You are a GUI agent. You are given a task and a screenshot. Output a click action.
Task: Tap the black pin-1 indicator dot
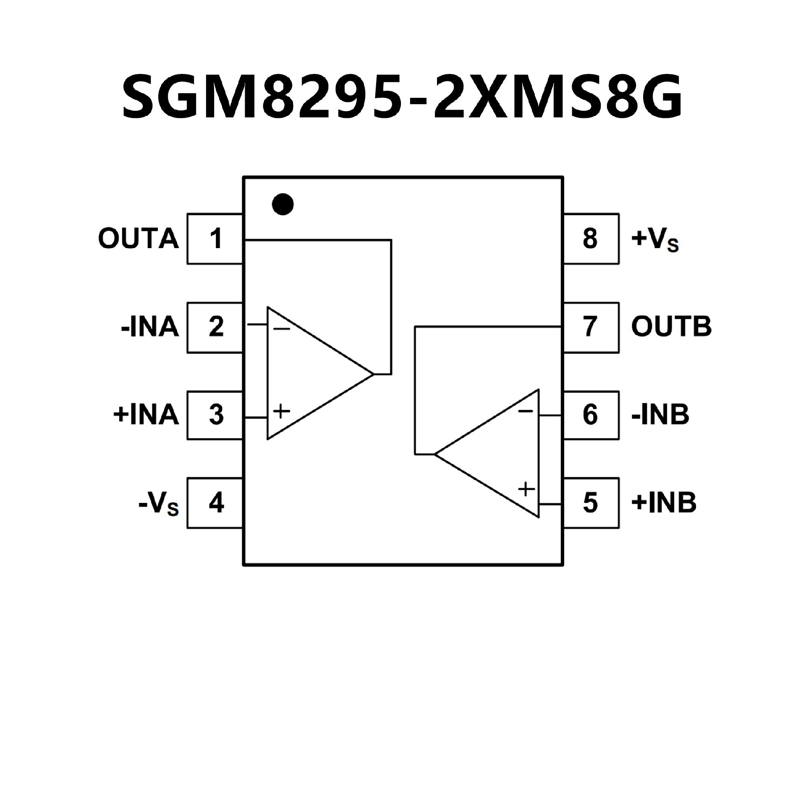coord(283,204)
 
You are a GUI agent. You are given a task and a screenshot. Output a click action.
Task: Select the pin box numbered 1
coord(215,239)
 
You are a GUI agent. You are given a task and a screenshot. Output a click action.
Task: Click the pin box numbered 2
coord(215,327)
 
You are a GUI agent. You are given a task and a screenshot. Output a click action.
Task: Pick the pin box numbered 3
coord(215,415)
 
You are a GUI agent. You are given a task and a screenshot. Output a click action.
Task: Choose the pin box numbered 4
coord(215,502)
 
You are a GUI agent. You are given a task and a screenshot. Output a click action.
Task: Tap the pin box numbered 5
coord(591,502)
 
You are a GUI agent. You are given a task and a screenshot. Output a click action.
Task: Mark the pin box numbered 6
coord(591,415)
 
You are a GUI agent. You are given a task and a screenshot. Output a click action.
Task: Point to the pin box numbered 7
coord(591,327)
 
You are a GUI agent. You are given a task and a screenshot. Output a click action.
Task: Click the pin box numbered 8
coord(591,239)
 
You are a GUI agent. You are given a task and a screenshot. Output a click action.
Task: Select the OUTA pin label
coord(139,239)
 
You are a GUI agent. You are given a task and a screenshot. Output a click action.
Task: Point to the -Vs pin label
coord(158,503)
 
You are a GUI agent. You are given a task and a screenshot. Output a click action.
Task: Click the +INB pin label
coord(664,502)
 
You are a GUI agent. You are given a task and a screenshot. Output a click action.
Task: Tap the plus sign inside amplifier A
coord(282,411)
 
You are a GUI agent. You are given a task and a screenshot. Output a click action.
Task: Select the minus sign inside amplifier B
coord(525,411)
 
